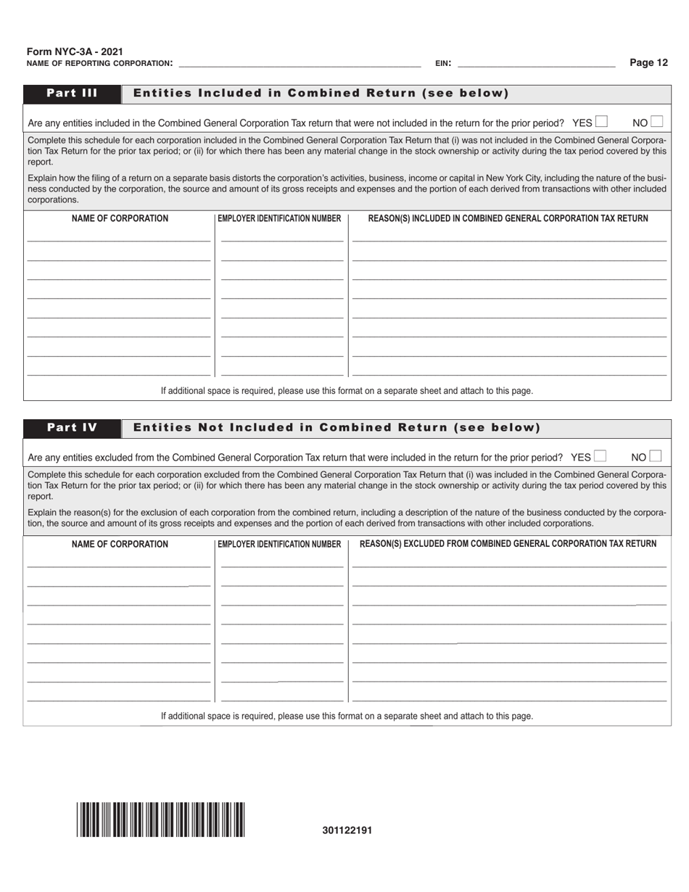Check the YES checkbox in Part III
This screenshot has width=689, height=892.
(601, 122)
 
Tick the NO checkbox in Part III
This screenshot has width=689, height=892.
(656, 122)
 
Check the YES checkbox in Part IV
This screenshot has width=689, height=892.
(600, 456)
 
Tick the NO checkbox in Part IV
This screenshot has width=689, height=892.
(656, 456)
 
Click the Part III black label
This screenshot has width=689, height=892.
(72, 93)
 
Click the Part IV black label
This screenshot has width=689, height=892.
(72, 427)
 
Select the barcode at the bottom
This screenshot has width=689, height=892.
(161, 819)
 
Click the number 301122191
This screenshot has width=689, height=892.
(347, 830)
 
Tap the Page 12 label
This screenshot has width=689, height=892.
(648, 62)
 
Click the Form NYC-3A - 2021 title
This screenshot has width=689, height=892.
(75, 51)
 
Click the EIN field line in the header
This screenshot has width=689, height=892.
(537, 63)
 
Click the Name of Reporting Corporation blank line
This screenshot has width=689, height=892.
(299, 63)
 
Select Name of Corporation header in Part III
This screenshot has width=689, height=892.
(120, 218)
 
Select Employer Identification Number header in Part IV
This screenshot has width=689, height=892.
(279, 544)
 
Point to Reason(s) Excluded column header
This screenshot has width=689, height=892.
(508, 543)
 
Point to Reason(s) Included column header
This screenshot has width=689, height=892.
(508, 218)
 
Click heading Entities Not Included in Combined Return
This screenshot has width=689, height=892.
(337, 427)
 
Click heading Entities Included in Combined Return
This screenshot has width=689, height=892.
(321, 93)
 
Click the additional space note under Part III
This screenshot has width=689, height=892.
(347, 390)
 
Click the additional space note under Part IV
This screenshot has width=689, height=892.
(347, 716)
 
